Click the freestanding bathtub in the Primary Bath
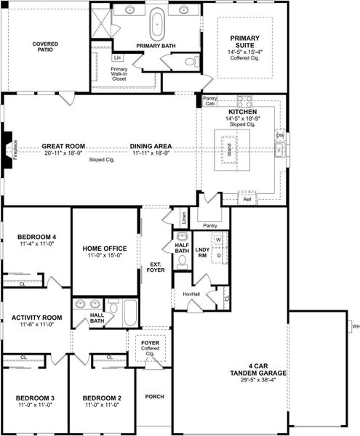tap(156, 23)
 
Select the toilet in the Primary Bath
tap(191, 61)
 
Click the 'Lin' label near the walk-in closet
tap(117, 57)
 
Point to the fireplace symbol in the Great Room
tap(6, 150)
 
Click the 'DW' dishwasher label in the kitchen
tap(280, 136)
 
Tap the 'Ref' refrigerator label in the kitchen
tap(247, 198)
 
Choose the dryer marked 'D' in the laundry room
tap(217, 256)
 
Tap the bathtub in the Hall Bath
tap(129, 313)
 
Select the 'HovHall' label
tap(191, 294)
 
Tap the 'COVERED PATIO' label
tap(45, 48)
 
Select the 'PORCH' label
tap(154, 397)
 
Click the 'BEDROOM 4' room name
tap(36, 237)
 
